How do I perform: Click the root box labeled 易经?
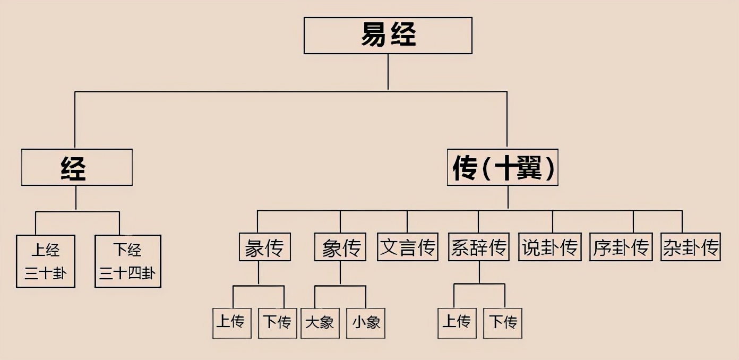click(388, 35)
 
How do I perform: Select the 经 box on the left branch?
click(76, 167)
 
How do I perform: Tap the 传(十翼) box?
click(502, 167)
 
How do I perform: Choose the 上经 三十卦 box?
click(45, 261)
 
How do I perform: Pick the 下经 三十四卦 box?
click(127, 261)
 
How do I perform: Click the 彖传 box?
click(264, 247)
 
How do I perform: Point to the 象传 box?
click(340, 247)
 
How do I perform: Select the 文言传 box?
click(408, 247)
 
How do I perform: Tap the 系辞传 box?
click(478, 247)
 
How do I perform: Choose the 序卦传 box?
click(620, 247)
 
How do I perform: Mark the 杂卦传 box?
click(691, 247)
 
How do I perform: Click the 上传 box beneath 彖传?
click(230, 323)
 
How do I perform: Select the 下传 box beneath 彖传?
click(277, 323)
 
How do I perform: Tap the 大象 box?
click(320, 323)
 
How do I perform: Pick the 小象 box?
click(366, 323)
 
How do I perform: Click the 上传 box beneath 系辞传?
click(457, 323)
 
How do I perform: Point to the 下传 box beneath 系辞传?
click(503, 323)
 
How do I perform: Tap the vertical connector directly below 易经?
click(388, 72)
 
